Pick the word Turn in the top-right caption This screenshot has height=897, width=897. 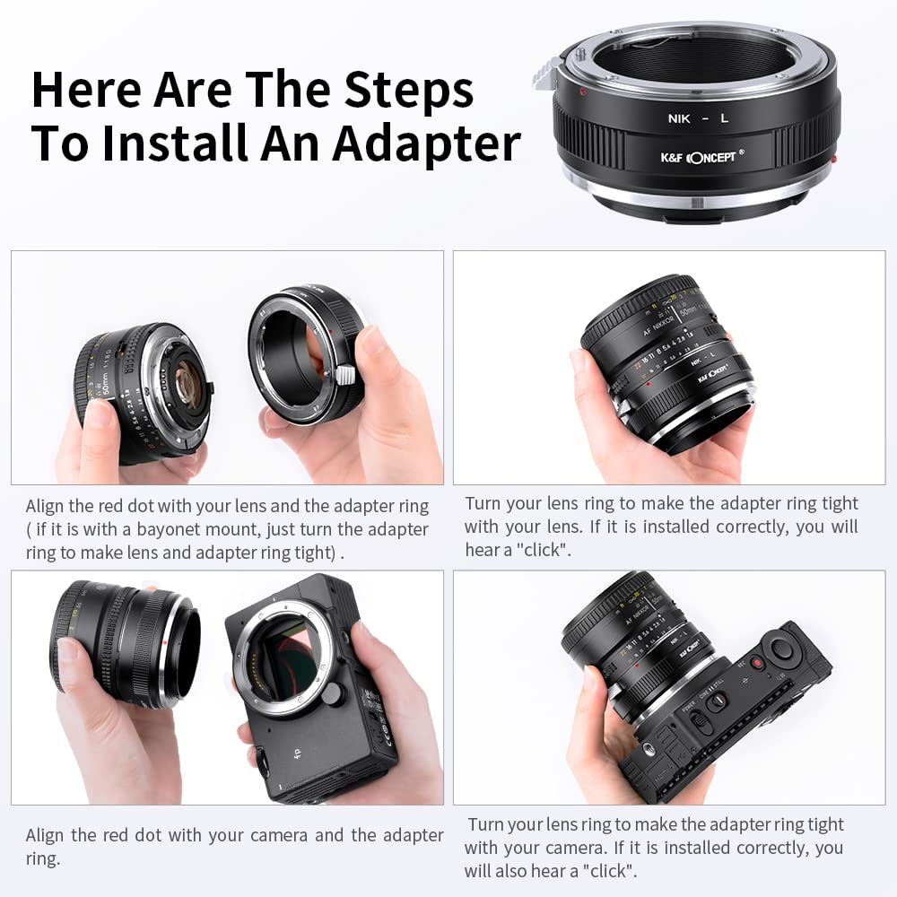[x=484, y=504]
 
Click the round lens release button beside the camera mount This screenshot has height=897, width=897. [x=331, y=693]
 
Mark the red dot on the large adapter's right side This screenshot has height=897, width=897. [x=834, y=160]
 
